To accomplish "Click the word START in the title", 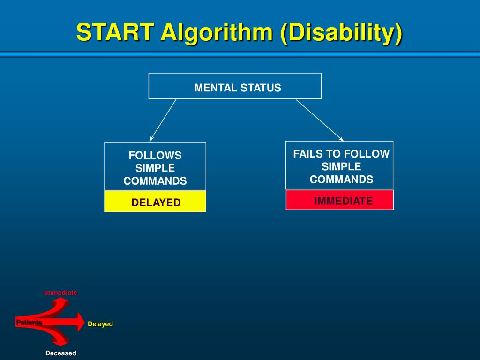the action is click(115, 33).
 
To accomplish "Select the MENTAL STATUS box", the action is click(235, 86).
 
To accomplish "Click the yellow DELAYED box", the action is click(155, 202).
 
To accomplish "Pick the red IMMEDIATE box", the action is click(340, 200).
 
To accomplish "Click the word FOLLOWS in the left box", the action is click(155, 155).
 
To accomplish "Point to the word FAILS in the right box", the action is click(308, 154).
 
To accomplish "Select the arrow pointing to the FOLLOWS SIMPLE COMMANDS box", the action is click(163, 120).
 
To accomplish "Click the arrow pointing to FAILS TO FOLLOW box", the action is click(320, 120).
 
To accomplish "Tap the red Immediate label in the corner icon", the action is click(60, 292).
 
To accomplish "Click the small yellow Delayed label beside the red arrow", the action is click(100, 324).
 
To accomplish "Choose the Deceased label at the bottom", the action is click(60, 353).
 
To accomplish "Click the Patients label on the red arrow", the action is click(29, 322).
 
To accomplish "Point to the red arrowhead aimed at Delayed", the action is click(80, 322).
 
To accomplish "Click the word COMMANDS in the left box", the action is click(155, 181).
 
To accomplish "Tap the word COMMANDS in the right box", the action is click(341, 180).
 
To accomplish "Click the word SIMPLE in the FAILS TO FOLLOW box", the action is click(341, 166).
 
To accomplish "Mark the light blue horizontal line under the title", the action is click(240, 54).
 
